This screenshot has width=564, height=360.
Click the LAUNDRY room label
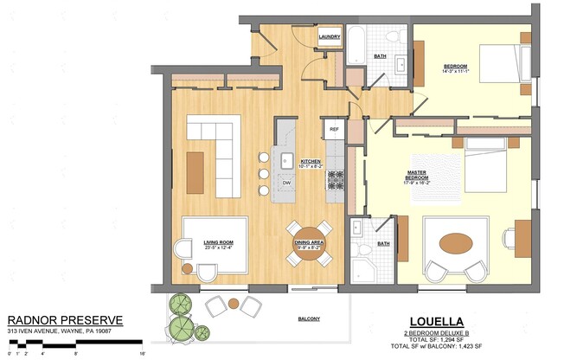point(329,37)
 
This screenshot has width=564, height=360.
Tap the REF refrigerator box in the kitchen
point(335,131)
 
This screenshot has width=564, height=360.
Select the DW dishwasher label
point(286,183)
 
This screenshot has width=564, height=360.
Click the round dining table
point(309,243)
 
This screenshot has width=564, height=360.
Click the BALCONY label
point(310,319)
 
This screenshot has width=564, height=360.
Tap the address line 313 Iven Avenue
point(61,331)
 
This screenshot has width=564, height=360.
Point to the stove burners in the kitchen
point(335,180)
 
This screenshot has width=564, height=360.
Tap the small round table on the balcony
point(234,303)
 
